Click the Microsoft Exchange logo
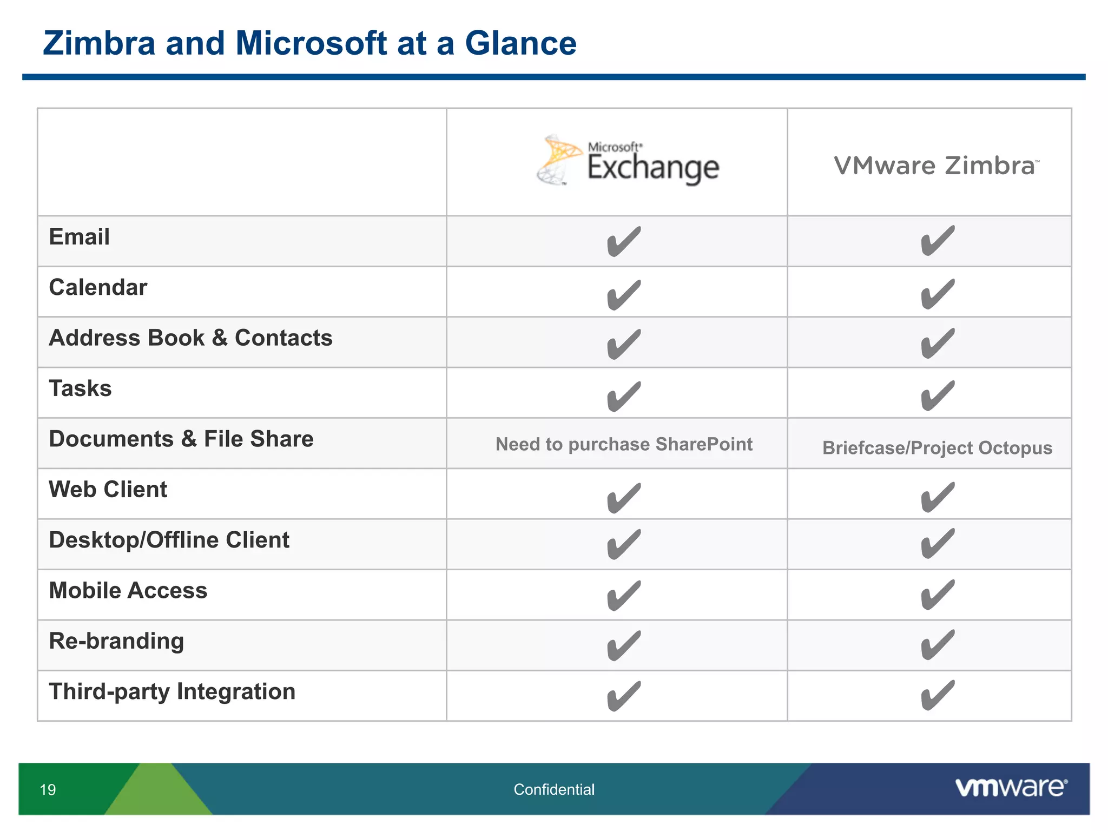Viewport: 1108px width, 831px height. click(628, 161)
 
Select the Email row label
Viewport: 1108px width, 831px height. click(80, 237)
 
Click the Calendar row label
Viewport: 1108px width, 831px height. click(98, 287)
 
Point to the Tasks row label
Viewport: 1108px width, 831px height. click(81, 388)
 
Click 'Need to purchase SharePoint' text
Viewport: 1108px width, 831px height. click(624, 444)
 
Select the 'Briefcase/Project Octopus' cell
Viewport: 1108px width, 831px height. click(937, 448)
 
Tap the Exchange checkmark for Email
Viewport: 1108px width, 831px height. click(623, 241)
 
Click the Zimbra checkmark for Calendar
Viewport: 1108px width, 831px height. click(937, 294)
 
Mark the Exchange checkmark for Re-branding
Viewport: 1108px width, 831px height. click(623, 645)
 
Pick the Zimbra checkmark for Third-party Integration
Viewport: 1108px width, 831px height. click(937, 695)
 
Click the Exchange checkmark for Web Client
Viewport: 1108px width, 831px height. click(623, 498)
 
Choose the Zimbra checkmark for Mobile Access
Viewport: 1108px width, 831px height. click(937, 595)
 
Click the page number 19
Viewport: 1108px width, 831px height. click(48, 790)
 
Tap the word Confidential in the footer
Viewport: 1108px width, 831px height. click(554, 790)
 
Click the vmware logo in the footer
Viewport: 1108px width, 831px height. click(1011, 788)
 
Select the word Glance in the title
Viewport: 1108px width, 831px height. click(520, 43)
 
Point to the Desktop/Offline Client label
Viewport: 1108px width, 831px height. click(169, 540)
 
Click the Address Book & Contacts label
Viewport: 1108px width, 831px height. click(190, 338)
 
